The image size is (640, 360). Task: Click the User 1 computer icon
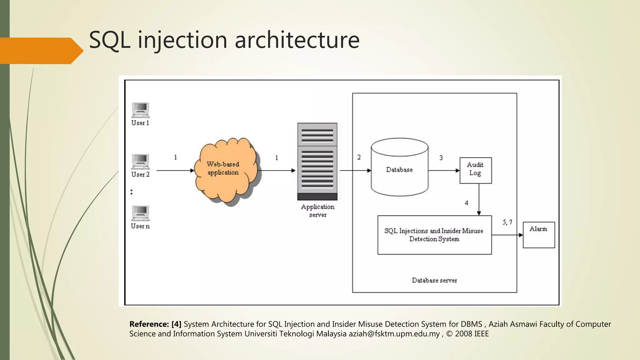tap(140, 110)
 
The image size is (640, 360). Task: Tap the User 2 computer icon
tap(140, 161)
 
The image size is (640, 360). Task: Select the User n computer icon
tap(140, 213)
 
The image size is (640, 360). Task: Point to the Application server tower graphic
tap(317, 161)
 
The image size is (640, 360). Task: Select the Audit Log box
tap(475, 170)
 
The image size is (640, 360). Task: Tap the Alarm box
tap(539, 235)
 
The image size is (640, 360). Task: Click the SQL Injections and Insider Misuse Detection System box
tap(434, 235)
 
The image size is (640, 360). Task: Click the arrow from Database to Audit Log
tap(444, 171)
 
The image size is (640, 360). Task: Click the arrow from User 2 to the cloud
tap(175, 171)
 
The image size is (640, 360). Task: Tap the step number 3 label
tap(441, 158)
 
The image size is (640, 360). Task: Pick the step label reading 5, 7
tap(507, 222)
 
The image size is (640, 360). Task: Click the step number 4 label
tap(466, 203)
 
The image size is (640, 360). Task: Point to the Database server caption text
tap(434, 280)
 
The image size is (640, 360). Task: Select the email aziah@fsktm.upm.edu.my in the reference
tap(394, 334)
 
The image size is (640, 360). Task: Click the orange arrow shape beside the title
tap(41, 51)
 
